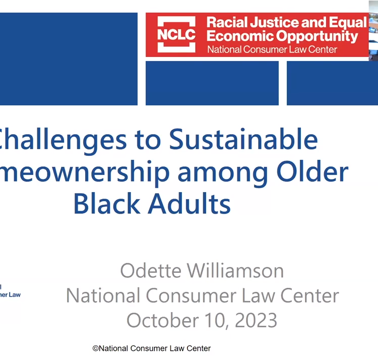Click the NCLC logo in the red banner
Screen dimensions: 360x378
point(176,34)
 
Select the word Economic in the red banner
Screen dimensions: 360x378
point(238,36)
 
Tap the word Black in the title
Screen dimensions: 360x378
point(104,204)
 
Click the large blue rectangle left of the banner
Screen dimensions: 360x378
point(69,58)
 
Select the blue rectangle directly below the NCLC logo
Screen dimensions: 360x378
point(212,83)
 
